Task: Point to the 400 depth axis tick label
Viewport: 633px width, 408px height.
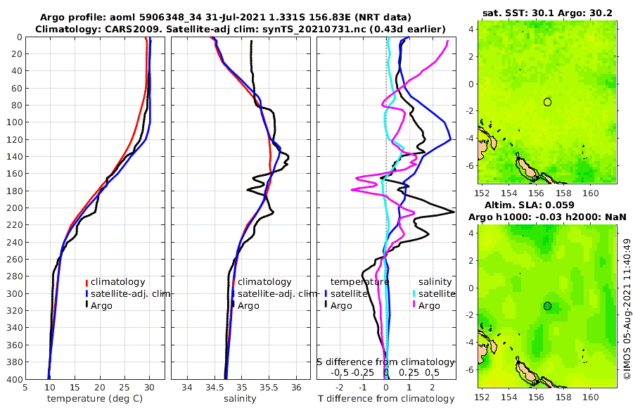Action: [15, 379]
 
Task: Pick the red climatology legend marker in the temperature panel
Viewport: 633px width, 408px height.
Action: [87, 282]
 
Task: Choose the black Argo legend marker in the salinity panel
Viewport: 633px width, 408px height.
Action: [233, 305]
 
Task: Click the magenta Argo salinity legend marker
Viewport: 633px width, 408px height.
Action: [415, 305]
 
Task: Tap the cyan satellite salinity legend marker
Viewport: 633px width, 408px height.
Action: [415, 293]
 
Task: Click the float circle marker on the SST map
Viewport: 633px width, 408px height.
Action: [547, 102]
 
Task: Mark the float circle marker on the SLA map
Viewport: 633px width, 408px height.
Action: [547, 306]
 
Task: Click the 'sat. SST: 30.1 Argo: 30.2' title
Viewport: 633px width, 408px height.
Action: [547, 12]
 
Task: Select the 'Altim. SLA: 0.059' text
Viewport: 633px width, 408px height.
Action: [547, 205]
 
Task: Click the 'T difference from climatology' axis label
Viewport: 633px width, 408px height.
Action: [385, 399]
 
